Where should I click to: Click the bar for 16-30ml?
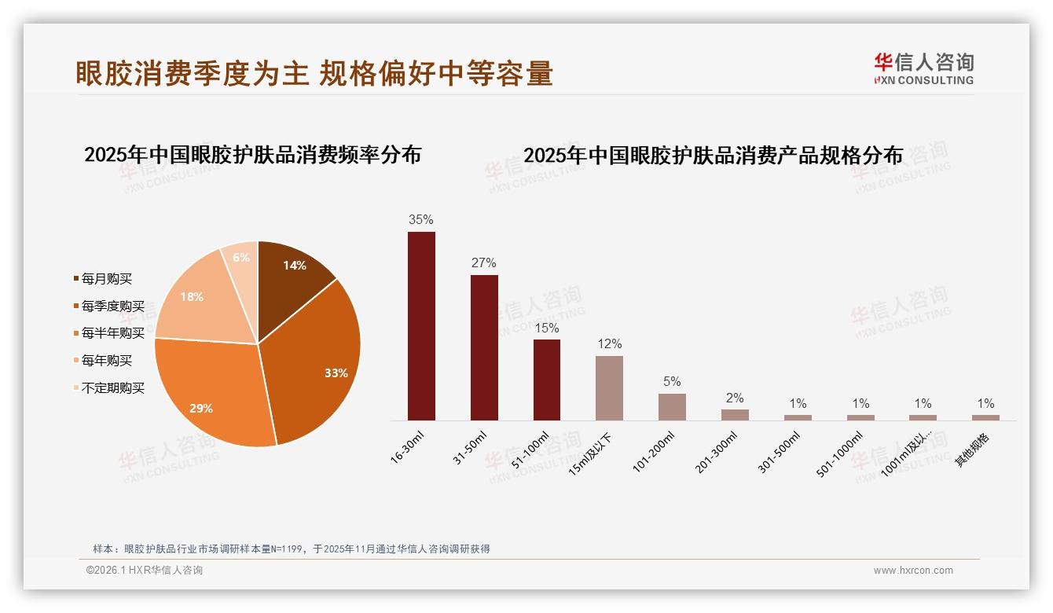click(421, 325)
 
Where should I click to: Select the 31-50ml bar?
click(484, 347)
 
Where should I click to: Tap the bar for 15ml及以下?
click(609, 387)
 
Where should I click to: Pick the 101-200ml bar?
click(672, 406)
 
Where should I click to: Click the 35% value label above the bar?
click(421, 219)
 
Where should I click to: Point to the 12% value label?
click(609, 343)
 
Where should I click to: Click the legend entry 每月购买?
click(107, 279)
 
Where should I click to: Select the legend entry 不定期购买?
click(113, 388)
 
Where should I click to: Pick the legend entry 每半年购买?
click(113, 333)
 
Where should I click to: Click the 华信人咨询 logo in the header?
click(923, 68)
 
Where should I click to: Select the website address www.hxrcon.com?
click(913, 571)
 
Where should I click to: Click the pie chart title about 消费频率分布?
click(252, 155)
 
